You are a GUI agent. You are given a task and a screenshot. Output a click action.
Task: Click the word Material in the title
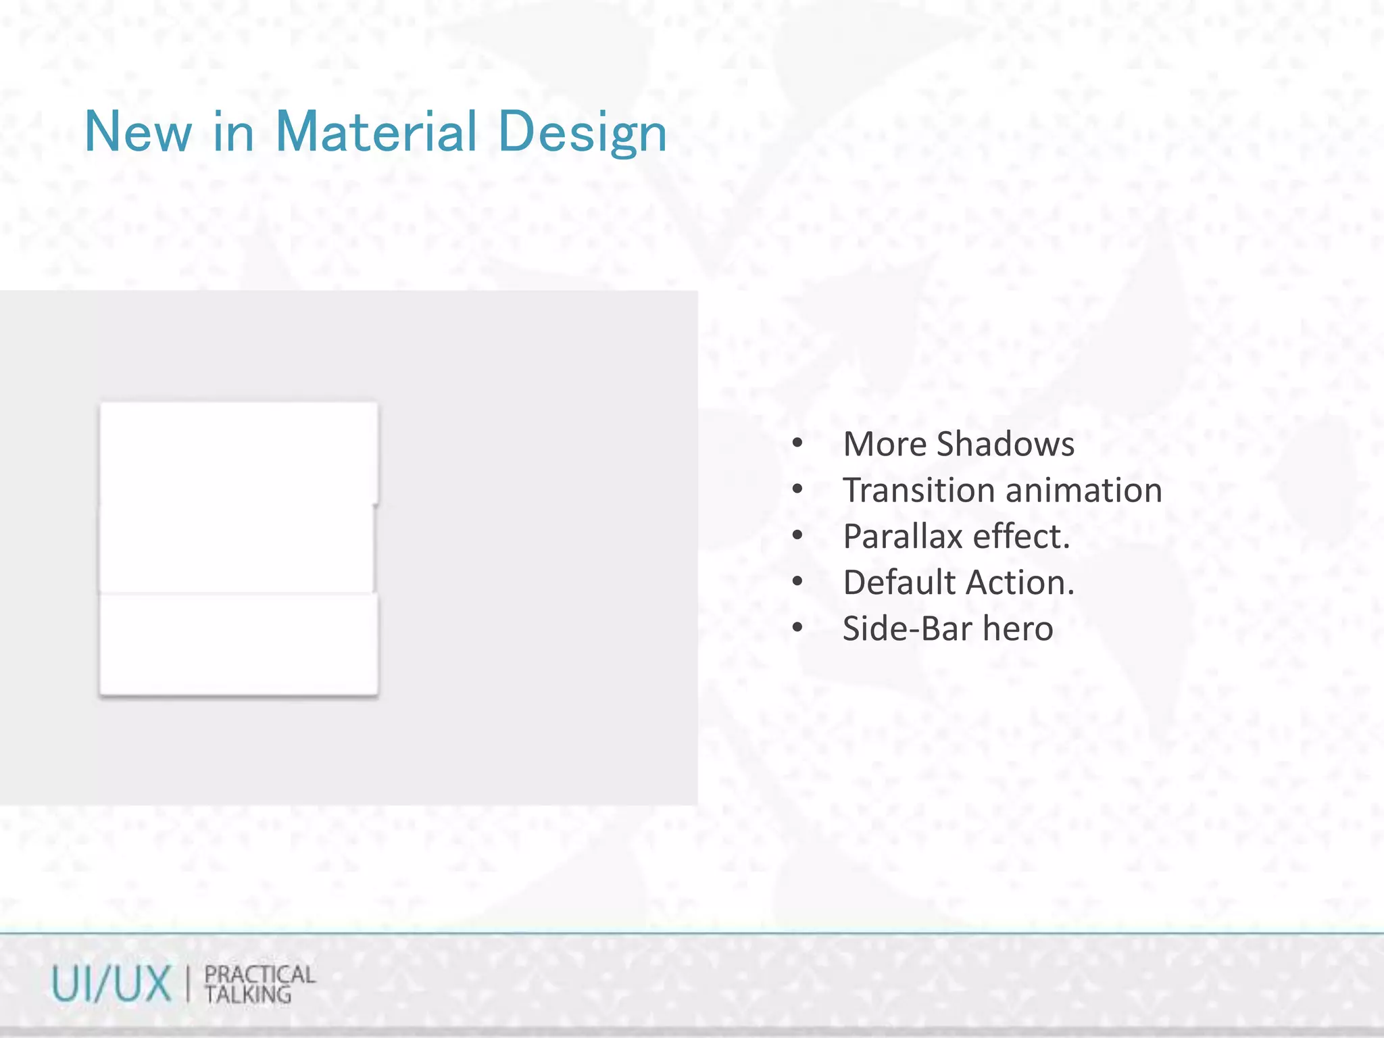[376, 132]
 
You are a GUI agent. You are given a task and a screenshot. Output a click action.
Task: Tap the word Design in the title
[583, 133]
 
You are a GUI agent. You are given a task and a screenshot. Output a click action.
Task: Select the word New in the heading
[138, 132]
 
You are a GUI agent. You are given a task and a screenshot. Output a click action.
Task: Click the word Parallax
[902, 537]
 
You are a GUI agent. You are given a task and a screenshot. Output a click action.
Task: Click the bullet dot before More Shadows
[797, 444]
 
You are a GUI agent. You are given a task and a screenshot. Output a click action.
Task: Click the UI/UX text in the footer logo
[112, 984]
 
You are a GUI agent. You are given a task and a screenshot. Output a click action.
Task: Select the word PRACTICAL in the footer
[259, 974]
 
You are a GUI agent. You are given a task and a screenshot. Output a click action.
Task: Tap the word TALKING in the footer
[248, 995]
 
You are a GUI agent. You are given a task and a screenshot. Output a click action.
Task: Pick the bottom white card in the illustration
[239, 643]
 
